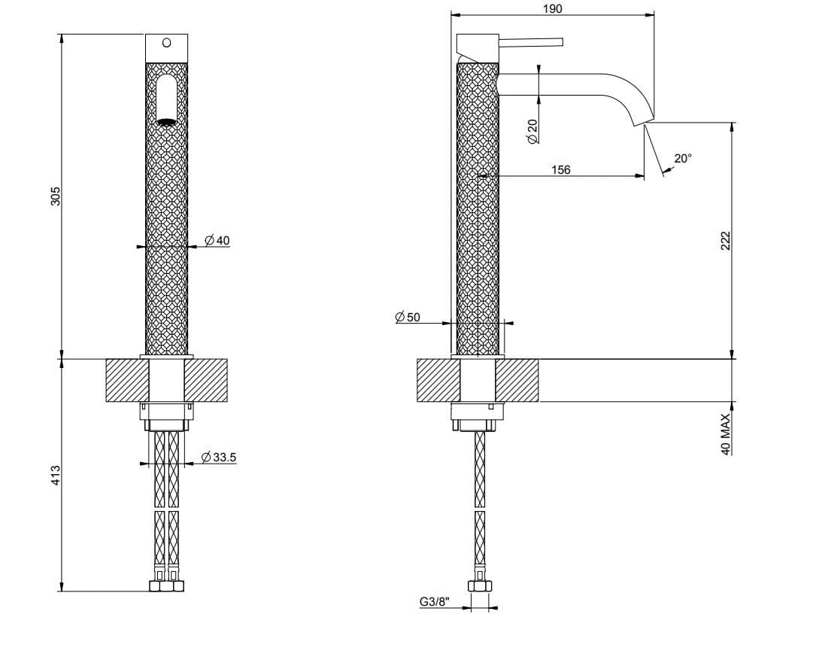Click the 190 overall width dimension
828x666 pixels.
click(551, 8)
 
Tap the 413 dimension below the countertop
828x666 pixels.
click(55, 475)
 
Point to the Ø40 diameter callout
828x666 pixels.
click(217, 240)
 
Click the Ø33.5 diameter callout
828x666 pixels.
click(220, 457)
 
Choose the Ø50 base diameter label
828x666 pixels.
click(408, 318)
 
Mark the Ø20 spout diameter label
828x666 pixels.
click(532, 132)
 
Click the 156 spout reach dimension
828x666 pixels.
click(560, 170)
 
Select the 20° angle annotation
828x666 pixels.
click(682, 159)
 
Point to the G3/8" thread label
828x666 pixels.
click(434, 602)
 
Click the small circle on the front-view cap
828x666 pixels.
click(166, 43)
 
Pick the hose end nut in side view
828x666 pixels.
click(479, 586)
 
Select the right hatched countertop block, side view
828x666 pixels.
click(517, 380)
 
